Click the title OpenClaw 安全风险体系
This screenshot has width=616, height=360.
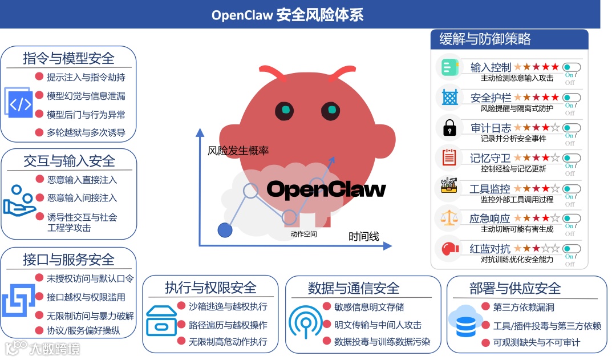[x=287, y=14]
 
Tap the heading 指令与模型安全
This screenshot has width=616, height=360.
[x=68, y=58]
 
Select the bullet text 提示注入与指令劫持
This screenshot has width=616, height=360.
[x=86, y=77]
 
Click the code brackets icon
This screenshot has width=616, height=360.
[x=21, y=104]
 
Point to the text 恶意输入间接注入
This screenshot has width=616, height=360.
[x=82, y=198]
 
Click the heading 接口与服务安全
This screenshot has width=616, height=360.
[x=68, y=260]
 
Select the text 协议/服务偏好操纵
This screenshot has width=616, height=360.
[x=83, y=330]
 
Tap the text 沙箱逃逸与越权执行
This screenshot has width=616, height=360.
[x=228, y=307]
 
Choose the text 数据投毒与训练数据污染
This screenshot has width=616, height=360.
[x=382, y=342]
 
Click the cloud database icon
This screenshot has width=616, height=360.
[x=465, y=322]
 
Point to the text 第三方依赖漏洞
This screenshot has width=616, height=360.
[x=524, y=308]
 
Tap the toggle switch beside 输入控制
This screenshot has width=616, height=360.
[x=572, y=67]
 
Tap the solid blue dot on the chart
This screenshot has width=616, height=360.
[x=225, y=230]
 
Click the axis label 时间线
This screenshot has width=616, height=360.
[x=364, y=236]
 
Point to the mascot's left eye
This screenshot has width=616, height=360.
[x=283, y=109]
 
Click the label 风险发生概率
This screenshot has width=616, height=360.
[x=238, y=151]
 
